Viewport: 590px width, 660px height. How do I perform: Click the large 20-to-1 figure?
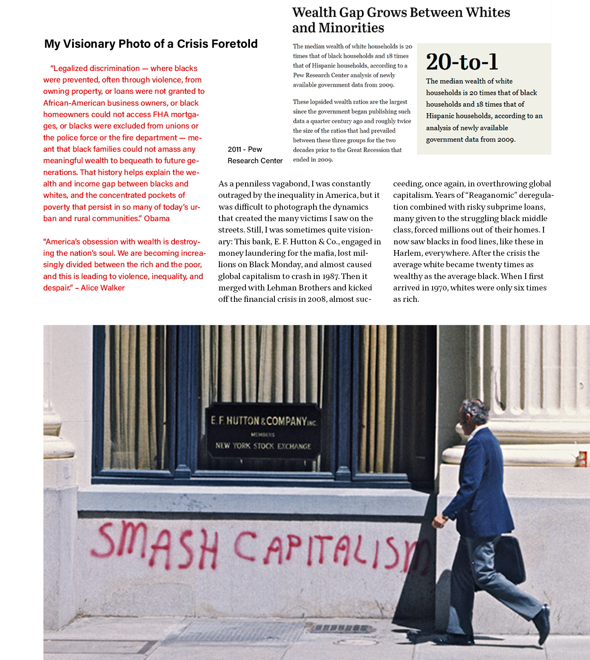click(462, 62)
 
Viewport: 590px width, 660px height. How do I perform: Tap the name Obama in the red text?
click(157, 219)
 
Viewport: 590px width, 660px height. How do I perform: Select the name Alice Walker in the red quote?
click(103, 288)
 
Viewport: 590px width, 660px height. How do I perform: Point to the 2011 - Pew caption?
click(245, 149)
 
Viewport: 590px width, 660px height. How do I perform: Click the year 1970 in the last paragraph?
click(439, 288)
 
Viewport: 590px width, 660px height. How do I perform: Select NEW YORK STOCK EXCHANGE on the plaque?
click(263, 446)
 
